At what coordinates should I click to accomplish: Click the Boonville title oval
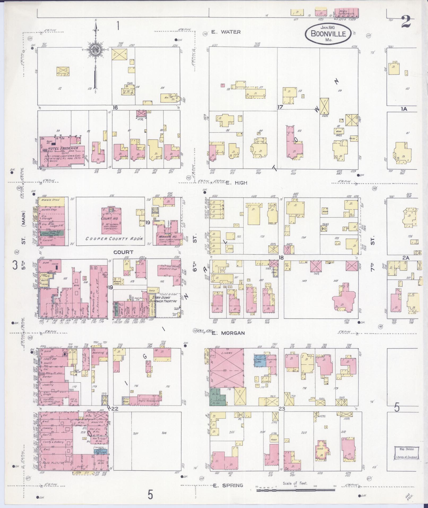click(x=328, y=34)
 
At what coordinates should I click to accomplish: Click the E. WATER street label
click(x=226, y=32)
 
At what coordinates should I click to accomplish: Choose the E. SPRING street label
click(x=228, y=485)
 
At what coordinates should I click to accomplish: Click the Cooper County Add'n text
click(x=114, y=239)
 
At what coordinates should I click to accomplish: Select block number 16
click(x=115, y=108)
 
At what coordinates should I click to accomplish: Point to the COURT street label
click(x=123, y=252)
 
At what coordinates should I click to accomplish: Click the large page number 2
click(x=406, y=22)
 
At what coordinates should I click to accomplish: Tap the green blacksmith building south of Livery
click(x=218, y=399)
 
